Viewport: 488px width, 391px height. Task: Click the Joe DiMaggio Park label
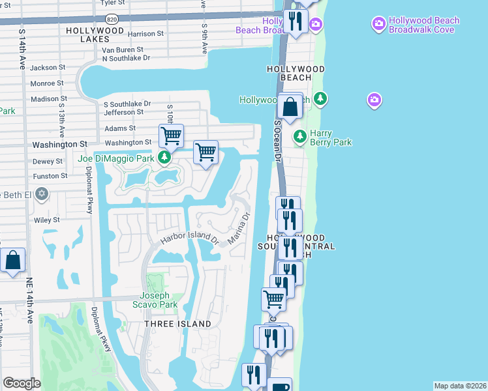(115, 158)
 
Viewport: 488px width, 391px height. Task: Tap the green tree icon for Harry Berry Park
(299, 137)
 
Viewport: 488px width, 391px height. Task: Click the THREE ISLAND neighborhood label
(178, 324)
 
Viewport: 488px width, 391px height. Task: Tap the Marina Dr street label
(239, 229)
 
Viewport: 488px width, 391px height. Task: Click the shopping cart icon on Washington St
(171, 136)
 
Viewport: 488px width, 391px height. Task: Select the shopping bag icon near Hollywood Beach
(290, 106)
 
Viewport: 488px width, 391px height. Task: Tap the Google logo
(22, 383)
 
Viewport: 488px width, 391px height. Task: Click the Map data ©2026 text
(460, 386)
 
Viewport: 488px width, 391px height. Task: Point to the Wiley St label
(47, 220)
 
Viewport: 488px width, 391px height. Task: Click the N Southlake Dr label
(126, 58)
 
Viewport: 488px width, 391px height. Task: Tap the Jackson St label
(48, 67)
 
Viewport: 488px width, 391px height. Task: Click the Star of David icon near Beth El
(42, 194)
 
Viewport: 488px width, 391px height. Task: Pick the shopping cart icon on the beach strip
(274, 300)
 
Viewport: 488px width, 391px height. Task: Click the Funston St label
(50, 176)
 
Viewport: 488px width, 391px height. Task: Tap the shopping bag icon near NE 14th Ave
(13, 261)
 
